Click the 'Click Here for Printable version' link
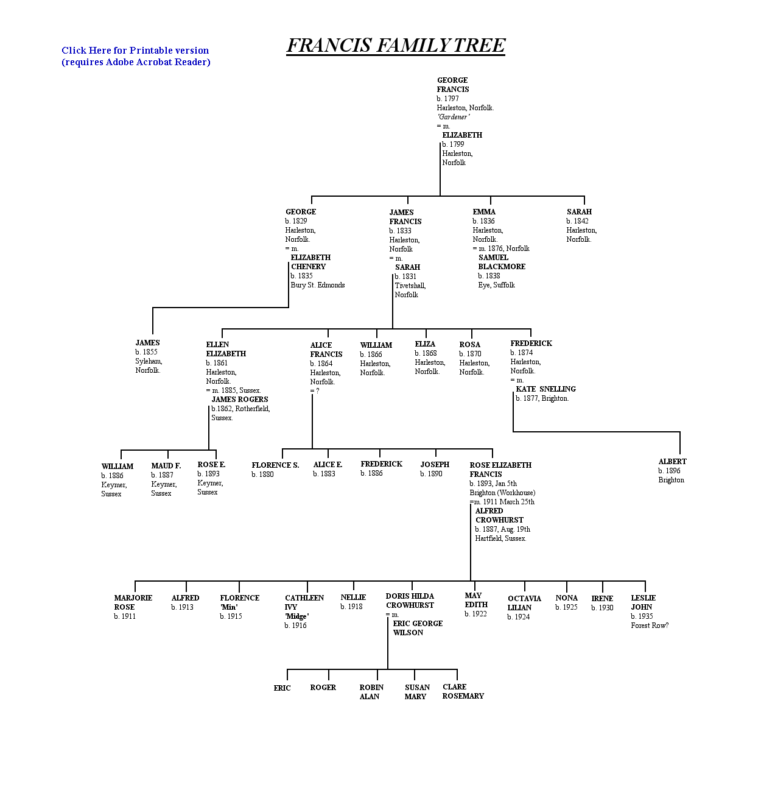pos(135,51)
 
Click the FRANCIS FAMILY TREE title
pos(396,45)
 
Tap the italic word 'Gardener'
pos(453,117)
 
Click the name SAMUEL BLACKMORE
pos(502,262)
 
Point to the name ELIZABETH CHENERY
pos(310,262)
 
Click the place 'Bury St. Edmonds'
pos(318,285)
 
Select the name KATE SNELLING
pos(546,389)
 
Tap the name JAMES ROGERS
pos(239,400)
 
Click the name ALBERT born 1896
pos(672,462)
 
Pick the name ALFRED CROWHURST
pos(499,515)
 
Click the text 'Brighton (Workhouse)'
pos(502,493)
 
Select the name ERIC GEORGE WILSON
pos(418,628)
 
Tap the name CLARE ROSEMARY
pos(463,691)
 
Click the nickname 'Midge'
pos(296,616)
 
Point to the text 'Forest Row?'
pos(650,626)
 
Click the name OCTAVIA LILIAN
pos(524,603)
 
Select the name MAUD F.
pos(166,466)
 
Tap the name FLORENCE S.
pos(275,465)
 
